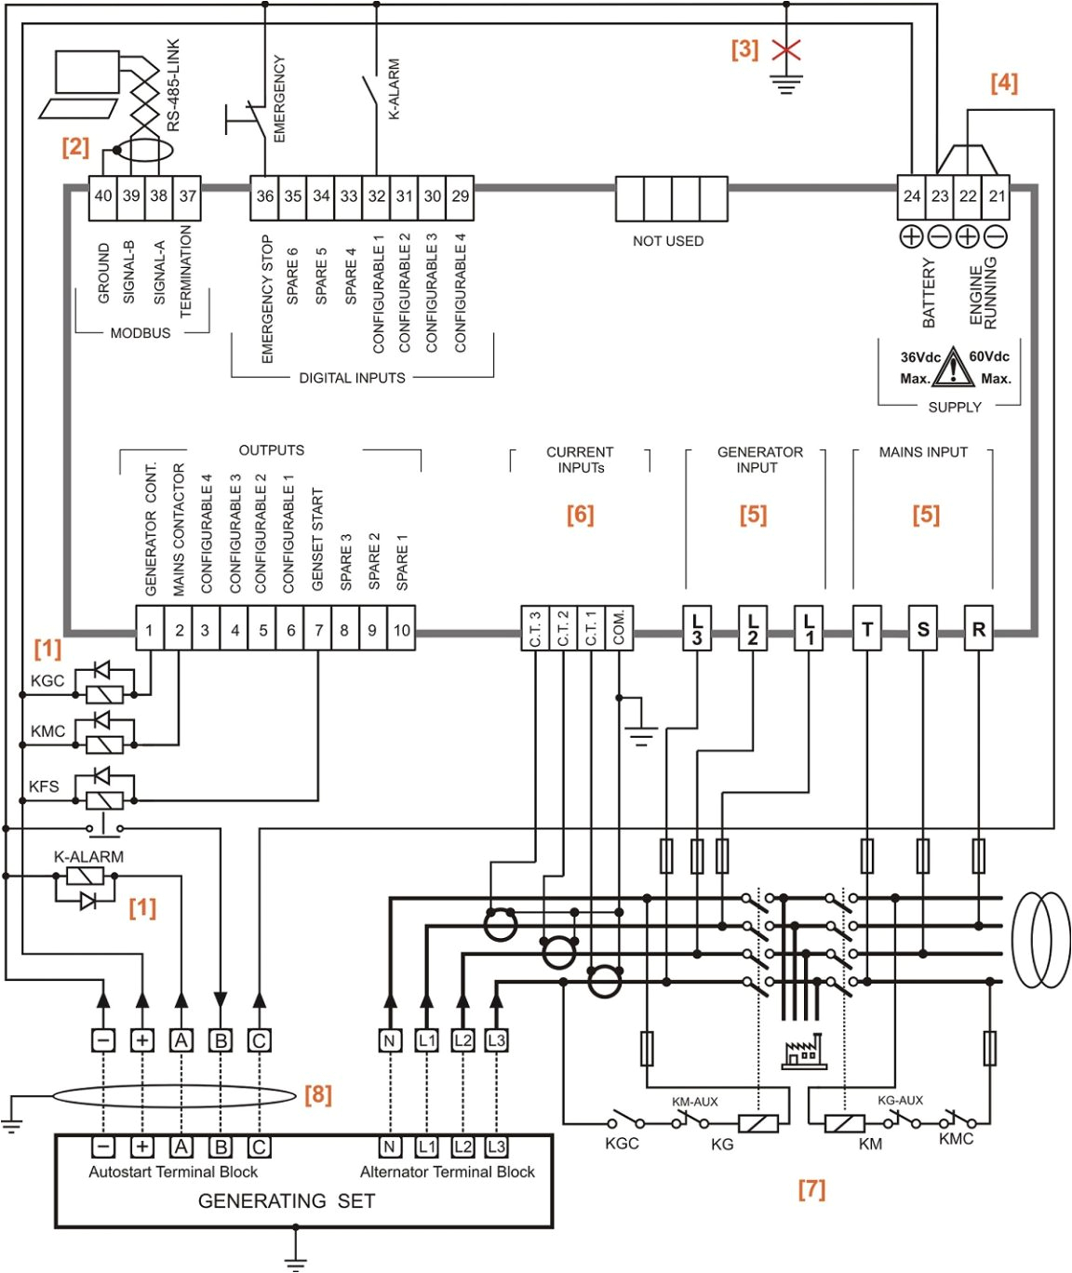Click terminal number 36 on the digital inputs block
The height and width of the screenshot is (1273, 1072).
(x=265, y=196)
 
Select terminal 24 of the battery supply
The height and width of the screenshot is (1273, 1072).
(x=912, y=196)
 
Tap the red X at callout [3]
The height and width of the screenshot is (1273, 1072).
(x=786, y=50)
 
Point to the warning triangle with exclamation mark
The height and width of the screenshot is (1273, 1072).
(x=953, y=368)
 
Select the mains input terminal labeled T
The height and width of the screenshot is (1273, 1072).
(x=867, y=630)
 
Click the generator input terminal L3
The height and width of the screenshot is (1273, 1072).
(x=697, y=629)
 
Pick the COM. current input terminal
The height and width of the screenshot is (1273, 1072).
(x=619, y=628)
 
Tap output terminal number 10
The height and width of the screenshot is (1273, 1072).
(x=401, y=630)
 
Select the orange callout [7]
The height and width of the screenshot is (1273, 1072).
(x=811, y=1188)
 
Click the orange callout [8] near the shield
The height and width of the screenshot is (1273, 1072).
(x=318, y=1094)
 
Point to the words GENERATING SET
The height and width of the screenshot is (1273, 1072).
(x=287, y=1201)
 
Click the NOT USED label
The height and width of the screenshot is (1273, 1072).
(x=668, y=241)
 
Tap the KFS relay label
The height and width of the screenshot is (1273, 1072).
(x=44, y=786)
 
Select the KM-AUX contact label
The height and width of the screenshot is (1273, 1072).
(x=695, y=1102)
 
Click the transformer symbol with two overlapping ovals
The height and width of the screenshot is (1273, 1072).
(x=1040, y=940)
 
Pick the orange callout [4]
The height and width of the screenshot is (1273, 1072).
(x=1004, y=83)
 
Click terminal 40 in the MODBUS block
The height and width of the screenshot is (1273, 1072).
(x=103, y=196)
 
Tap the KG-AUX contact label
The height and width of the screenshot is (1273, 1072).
(x=900, y=1100)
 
